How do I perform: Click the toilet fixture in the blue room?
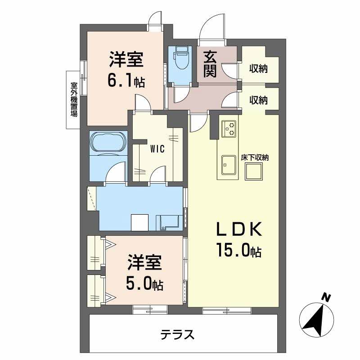[x=182, y=58]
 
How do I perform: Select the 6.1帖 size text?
[x=126, y=81]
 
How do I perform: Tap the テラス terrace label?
[x=178, y=335]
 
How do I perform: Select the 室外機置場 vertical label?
[x=73, y=99]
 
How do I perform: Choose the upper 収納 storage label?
[x=259, y=69]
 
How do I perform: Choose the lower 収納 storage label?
[x=259, y=100]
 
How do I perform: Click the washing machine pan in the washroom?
[x=167, y=222]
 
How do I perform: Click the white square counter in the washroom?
[x=139, y=222]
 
